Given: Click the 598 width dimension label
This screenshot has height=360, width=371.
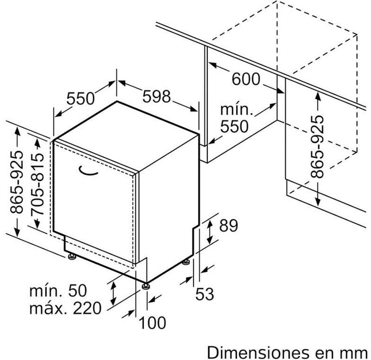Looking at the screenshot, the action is click(x=156, y=96).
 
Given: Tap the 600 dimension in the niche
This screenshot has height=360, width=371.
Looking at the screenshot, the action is click(x=246, y=79).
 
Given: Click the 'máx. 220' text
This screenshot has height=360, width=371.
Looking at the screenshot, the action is click(x=65, y=308).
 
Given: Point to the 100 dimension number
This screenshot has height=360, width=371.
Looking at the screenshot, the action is click(x=152, y=322).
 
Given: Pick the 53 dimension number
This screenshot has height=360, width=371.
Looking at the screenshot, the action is click(x=205, y=294).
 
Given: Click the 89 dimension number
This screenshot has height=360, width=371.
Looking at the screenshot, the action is click(x=228, y=225).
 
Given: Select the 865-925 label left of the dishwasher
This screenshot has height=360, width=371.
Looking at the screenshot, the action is click(x=17, y=181).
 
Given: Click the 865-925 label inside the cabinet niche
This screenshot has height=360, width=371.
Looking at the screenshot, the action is click(x=317, y=147).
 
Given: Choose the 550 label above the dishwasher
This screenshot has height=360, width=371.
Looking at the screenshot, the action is click(x=80, y=98).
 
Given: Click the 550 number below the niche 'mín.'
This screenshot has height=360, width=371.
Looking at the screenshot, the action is click(x=234, y=126).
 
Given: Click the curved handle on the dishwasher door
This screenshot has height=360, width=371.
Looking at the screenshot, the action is click(x=88, y=172).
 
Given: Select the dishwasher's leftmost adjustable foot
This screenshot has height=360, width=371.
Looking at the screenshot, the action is click(x=72, y=257).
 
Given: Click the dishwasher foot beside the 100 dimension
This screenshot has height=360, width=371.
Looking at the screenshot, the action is click(x=146, y=286).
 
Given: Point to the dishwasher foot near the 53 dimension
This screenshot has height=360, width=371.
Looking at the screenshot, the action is click(x=186, y=262).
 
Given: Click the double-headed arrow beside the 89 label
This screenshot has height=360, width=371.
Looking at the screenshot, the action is click(x=210, y=231).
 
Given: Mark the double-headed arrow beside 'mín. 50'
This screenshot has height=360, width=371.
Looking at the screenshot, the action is click(x=114, y=294).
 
